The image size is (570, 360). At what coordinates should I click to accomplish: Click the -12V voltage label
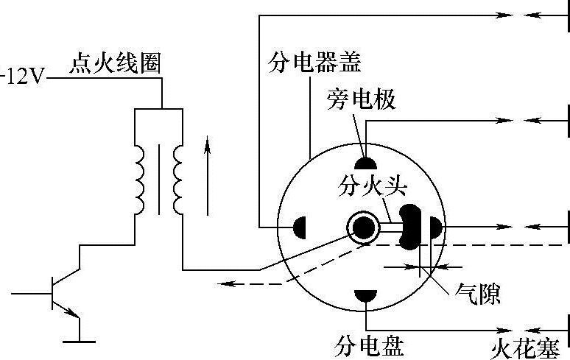coord(23,77)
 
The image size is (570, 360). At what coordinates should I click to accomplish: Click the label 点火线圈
coord(113,63)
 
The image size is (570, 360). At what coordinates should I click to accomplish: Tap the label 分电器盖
coord(313,63)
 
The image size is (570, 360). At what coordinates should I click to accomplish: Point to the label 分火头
coord(362,184)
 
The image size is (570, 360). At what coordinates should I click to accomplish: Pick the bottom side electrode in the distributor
coord(365,296)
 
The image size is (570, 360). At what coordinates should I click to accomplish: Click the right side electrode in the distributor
coord(434,228)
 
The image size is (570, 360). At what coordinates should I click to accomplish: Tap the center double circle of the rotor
coord(363,228)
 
